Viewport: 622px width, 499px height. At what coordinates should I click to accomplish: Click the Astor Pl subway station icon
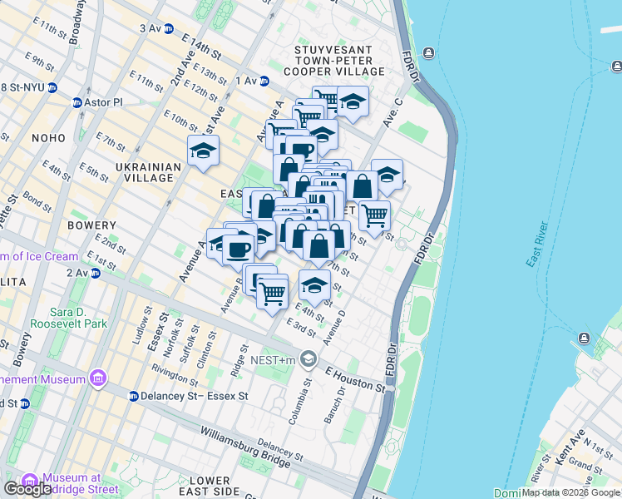coord(77,102)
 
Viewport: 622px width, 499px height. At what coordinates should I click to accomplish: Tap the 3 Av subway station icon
coord(169,28)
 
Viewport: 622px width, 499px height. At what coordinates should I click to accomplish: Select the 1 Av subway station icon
coord(264,81)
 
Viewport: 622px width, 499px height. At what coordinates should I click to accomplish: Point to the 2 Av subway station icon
coord(96,273)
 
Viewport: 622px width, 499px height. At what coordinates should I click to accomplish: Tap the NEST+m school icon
coord(309,359)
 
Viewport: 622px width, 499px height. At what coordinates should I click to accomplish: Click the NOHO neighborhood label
coord(48,137)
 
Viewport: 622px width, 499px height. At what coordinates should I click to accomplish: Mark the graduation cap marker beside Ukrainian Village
coord(203,151)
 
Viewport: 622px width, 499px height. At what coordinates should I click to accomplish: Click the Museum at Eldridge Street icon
coord(30,482)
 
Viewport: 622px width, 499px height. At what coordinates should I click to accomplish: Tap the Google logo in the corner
coord(28,488)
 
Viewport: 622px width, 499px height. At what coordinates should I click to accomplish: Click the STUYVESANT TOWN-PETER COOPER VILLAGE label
coord(339,61)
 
